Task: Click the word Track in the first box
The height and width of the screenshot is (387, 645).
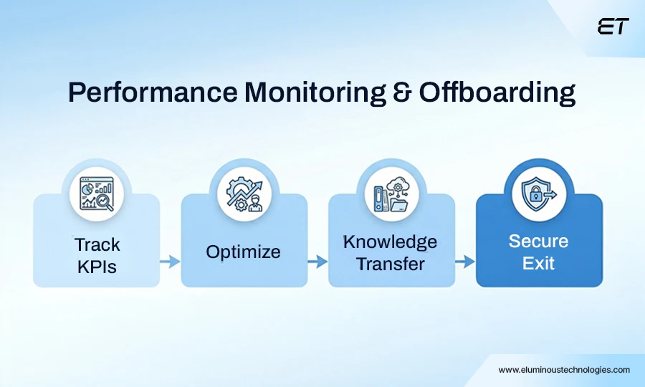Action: (x=97, y=245)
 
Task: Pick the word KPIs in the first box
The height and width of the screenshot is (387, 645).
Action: (x=97, y=267)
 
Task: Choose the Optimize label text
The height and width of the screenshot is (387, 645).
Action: (x=244, y=252)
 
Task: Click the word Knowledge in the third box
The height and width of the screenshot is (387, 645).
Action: (x=390, y=242)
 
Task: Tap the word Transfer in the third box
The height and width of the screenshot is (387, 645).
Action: (x=391, y=264)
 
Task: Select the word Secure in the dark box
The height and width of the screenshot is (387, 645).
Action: (x=538, y=242)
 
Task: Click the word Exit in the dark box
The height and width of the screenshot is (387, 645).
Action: (x=538, y=263)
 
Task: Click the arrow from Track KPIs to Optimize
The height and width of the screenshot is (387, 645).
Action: (x=170, y=262)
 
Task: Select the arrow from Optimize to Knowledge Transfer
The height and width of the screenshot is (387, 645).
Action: (x=317, y=262)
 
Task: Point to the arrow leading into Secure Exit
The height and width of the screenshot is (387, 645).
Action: (x=465, y=262)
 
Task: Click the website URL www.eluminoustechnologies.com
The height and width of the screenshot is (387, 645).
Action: (x=564, y=370)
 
